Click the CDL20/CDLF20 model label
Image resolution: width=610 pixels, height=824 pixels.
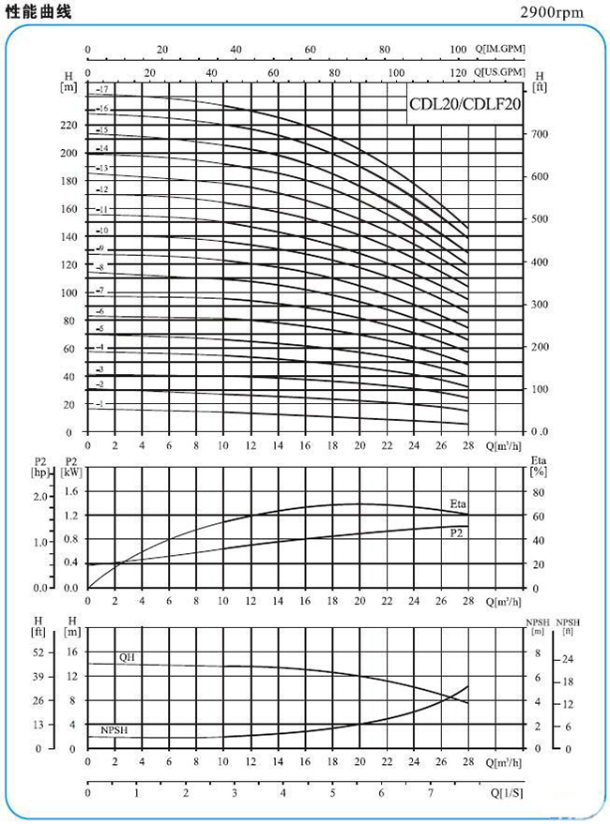point(464,105)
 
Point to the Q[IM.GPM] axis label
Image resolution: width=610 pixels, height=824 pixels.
point(499,49)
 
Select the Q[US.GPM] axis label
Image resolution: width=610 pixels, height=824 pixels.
point(499,71)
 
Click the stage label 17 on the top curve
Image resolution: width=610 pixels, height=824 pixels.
point(103,88)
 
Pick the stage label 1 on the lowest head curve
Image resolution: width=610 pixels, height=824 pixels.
point(101,403)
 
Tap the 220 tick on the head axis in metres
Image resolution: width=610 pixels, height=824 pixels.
point(69,124)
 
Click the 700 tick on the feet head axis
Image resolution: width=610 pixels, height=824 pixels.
point(540,134)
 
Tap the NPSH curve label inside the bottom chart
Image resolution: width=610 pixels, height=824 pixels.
point(114,729)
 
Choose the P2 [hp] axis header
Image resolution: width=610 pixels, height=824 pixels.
point(40,466)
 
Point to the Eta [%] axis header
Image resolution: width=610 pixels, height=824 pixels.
point(539,466)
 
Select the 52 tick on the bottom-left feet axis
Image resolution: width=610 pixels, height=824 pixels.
point(38,652)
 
